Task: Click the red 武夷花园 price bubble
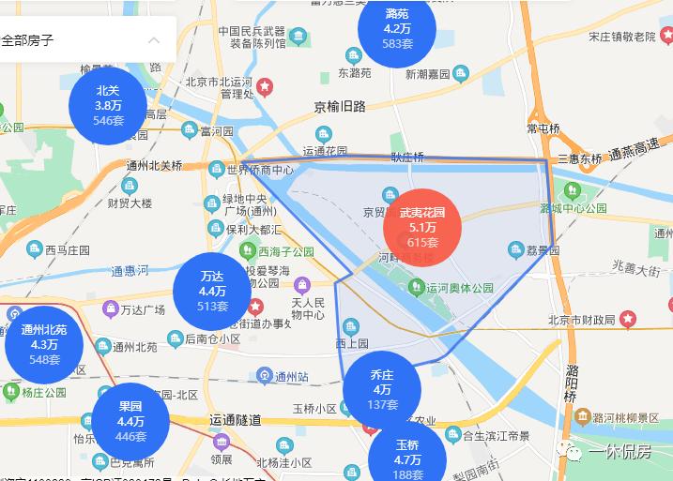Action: pos(422,227)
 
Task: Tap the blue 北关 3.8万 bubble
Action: pos(109,106)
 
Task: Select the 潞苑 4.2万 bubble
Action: pos(397,29)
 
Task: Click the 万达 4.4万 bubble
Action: pos(212,291)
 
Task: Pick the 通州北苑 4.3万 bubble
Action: pos(44,344)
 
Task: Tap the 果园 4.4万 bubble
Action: pos(130,421)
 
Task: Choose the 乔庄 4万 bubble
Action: pos(382,389)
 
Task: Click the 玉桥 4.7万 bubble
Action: pos(406,458)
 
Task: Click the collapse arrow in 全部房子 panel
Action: pos(155,40)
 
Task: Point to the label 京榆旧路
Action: pos(339,107)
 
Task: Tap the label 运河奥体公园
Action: pos(459,289)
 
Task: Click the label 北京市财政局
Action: pos(580,321)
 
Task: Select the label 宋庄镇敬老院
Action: pos(621,37)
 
